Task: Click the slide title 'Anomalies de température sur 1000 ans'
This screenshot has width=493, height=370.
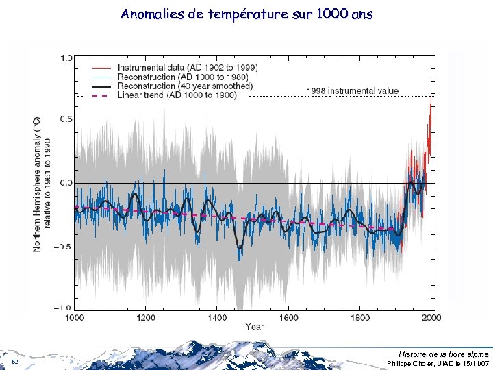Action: [x=246, y=14]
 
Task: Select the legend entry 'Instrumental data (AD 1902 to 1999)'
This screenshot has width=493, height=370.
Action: [x=187, y=67]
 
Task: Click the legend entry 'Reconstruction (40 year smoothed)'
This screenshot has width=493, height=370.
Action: [x=185, y=86]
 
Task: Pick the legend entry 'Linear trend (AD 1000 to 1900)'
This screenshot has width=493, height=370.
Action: [x=177, y=95]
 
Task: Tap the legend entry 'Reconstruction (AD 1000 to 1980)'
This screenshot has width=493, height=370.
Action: [x=181, y=77]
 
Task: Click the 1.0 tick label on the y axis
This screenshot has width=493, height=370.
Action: [x=67, y=58]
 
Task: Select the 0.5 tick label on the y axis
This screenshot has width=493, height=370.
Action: [x=67, y=119]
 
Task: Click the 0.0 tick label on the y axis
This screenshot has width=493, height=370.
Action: [x=67, y=183]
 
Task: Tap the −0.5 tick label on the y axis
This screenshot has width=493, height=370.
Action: [x=66, y=247]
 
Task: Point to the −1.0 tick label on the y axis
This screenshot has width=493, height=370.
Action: [x=66, y=307]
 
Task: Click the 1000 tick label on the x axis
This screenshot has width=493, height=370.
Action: [x=76, y=318]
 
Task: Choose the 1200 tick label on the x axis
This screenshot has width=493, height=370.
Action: [x=147, y=318]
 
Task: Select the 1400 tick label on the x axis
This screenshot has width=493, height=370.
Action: [x=218, y=318]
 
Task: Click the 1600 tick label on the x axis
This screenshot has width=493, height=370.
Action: [x=288, y=318]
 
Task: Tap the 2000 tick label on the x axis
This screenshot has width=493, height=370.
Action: [x=431, y=318]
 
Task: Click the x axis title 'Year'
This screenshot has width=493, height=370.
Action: [x=253, y=327]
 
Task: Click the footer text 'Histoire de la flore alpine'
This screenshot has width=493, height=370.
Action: [x=444, y=353]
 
